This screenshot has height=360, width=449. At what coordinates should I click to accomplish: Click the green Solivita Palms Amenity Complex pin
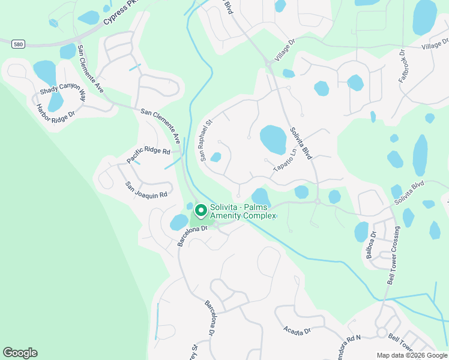click(200, 211)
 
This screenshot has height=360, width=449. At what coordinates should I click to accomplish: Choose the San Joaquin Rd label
click(145, 190)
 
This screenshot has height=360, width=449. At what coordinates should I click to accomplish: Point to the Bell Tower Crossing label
click(393, 256)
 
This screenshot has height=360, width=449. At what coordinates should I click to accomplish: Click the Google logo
click(20, 353)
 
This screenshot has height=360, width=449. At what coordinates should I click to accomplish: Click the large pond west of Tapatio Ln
click(273, 139)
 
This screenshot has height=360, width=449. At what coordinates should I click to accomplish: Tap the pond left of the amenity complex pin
click(179, 222)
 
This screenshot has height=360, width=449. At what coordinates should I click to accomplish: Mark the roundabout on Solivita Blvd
click(317, 202)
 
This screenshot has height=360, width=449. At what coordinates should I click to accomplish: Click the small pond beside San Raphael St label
click(215, 157)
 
